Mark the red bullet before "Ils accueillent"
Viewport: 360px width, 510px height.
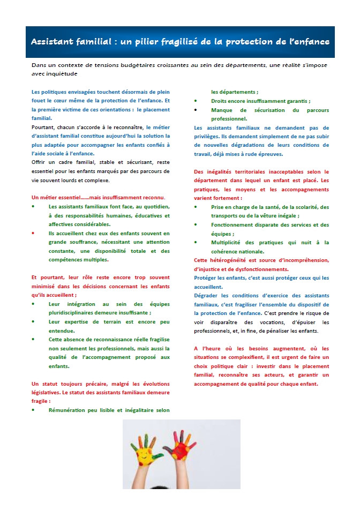click(x=33, y=234)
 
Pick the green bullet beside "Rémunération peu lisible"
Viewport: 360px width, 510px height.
click(x=33, y=410)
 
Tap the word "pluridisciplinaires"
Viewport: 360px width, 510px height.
click(x=75, y=313)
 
